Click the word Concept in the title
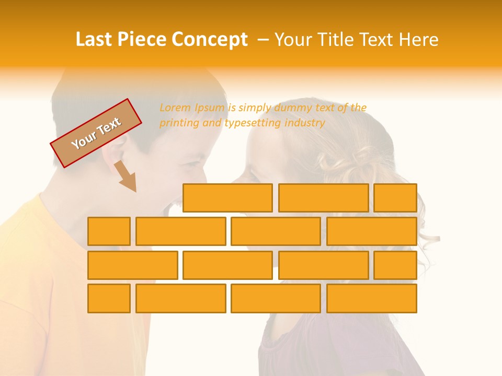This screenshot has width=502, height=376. click(211, 40)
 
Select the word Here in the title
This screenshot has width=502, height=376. click(418, 40)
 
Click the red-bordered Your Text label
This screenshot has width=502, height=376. click(96, 133)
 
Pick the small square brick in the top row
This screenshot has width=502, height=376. click(395, 198)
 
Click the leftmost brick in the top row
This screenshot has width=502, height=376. click(227, 198)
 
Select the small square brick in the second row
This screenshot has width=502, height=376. click(109, 231)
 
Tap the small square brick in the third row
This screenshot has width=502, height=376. click(395, 265)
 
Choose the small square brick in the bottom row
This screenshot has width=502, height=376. click(109, 298)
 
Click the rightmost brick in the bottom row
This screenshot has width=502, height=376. click(372, 298)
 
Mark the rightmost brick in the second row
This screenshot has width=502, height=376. click(372, 231)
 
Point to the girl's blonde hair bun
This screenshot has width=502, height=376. click(361, 157)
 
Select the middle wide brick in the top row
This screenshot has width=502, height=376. click(323, 198)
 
